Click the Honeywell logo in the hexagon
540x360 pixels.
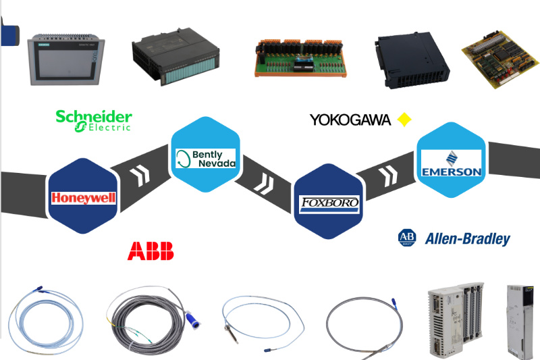tap(84, 198)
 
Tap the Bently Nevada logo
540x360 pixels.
tap(205, 159)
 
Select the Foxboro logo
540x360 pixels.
tap(329, 203)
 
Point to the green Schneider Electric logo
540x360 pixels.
tap(93, 120)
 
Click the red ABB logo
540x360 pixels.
tap(151, 251)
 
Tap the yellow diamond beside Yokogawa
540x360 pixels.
tap(404, 120)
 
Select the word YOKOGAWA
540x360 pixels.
tap(350, 120)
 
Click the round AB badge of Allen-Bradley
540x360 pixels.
tap(408, 238)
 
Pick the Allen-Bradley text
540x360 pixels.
tap(467, 238)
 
